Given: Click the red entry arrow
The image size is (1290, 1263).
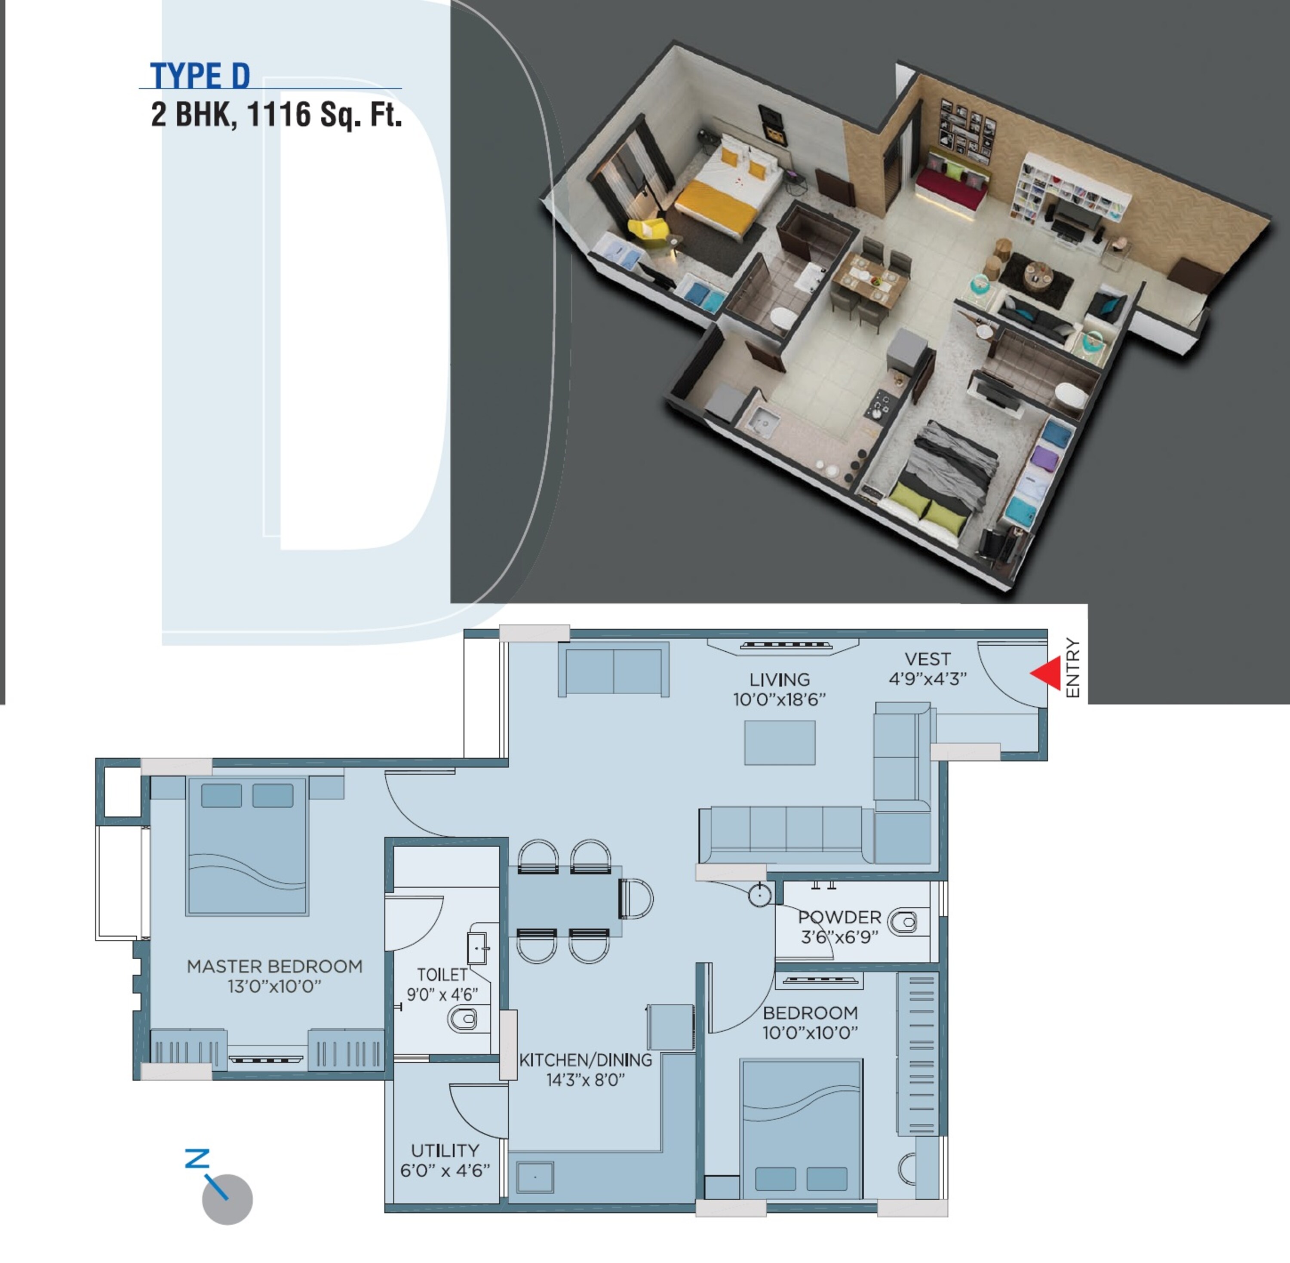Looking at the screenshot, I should (x=1047, y=673).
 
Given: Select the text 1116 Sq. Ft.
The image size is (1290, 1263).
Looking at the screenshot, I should (x=324, y=115).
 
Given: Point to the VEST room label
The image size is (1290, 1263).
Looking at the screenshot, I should (x=927, y=659).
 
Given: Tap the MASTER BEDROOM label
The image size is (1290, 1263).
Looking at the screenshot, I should (x=275, y=966).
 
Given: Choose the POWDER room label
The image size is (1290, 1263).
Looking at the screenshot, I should (x=839, y=917).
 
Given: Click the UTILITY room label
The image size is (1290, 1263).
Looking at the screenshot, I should (x=445, y=1150).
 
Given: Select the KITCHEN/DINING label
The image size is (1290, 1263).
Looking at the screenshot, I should (x=585, y=1060).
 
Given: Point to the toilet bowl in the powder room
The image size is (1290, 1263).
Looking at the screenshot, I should (x=903, y=922).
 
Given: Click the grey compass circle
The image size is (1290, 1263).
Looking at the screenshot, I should (x=227, y=1199).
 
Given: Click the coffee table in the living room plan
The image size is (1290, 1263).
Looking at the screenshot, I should (x=780, y=743).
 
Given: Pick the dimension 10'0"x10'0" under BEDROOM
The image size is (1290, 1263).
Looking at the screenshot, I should (x=810, y=1033).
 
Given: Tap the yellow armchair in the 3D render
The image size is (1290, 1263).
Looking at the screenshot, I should (x=647, y=229).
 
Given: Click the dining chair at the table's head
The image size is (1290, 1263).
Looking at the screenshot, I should (x=636, y=899).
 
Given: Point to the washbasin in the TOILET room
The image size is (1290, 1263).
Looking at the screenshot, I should (x=478, y=949).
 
